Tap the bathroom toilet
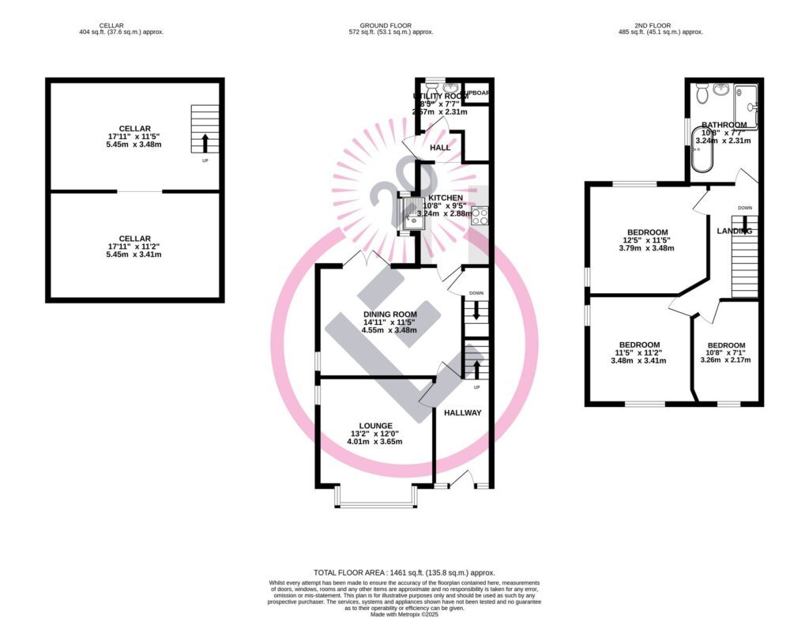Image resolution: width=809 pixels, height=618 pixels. tap(700, 94)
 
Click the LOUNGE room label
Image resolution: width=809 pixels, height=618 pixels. tap(374, 426)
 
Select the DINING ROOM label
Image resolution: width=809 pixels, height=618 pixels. tap(389, 314)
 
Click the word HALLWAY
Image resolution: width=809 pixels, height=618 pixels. tap(462, 413)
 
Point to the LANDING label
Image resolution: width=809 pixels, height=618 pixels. tap(733, 231)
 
